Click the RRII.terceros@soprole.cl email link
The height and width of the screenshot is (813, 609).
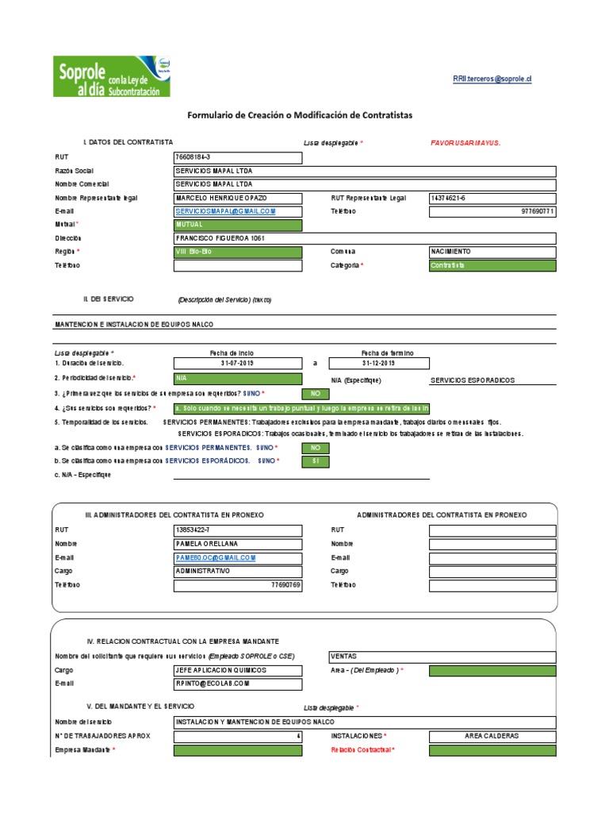492,79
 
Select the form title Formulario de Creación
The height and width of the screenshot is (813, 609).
300,115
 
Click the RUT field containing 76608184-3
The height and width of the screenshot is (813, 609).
237,157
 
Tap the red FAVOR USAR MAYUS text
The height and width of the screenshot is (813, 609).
465,142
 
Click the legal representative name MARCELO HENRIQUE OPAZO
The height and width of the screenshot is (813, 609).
237,198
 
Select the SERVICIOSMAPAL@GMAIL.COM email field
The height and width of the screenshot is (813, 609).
237,211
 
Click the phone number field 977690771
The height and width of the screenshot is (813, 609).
492,211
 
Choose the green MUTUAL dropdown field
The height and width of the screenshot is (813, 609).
237,225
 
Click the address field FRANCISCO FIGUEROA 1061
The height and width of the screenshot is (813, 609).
364,238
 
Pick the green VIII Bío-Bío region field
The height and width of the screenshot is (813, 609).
237,252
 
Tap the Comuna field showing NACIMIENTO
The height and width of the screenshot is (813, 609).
492,252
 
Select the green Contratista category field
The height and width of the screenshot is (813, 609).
492,265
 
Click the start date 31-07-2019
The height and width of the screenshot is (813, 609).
237,363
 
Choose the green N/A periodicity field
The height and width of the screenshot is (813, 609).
237,379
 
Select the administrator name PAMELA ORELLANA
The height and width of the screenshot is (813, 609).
237,544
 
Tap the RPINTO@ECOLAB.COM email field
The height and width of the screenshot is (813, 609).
237,684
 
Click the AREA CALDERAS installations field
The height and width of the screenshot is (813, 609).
492,736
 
